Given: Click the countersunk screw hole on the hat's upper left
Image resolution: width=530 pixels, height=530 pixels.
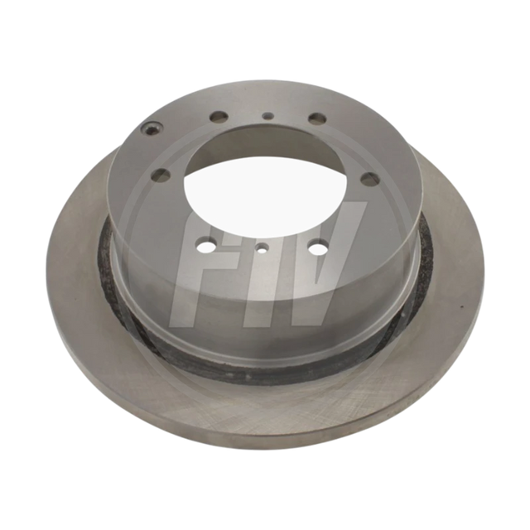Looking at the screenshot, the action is (x=151, y=129).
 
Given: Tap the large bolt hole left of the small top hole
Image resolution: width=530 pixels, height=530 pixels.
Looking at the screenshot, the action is (x=218, y=117).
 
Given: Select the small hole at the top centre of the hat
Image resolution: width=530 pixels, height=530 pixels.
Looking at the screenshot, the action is (x=268, y=116).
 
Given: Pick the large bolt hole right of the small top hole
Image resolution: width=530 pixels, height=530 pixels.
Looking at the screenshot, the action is (x=318, y=118).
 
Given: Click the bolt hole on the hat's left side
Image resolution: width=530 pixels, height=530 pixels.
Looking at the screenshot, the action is (x=161, y=175).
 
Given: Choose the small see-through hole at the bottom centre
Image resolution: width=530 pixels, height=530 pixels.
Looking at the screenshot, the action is (x=263, y=249).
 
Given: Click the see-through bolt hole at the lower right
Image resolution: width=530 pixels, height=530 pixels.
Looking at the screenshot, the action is (x=318, y=248).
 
